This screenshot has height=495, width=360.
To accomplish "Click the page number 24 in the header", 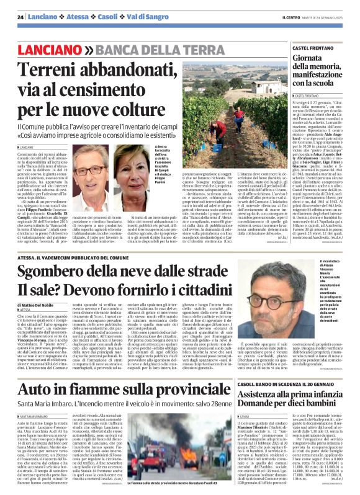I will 20,16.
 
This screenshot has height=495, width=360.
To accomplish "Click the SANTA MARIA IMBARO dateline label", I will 37,398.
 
